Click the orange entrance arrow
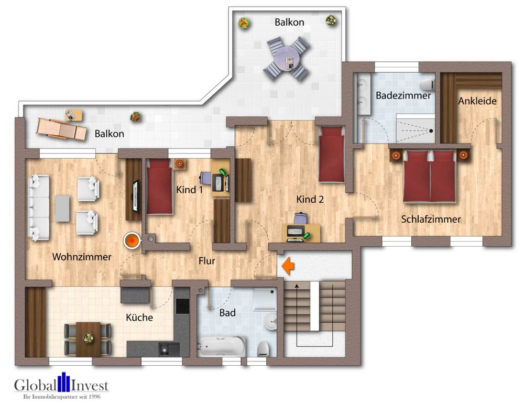coord(288,266)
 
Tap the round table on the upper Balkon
coord(287,58)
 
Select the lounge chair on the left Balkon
coord(61,128)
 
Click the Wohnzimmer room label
coord(82,257)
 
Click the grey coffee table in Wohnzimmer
coord(62,208)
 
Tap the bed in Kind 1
coord(159,188)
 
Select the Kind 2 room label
coord(310,199)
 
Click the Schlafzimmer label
coord(431,219)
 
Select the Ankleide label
coord(477,101)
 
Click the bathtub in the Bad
coord(221,346)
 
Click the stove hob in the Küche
coord(182,306)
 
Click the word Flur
coord(206,260)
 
